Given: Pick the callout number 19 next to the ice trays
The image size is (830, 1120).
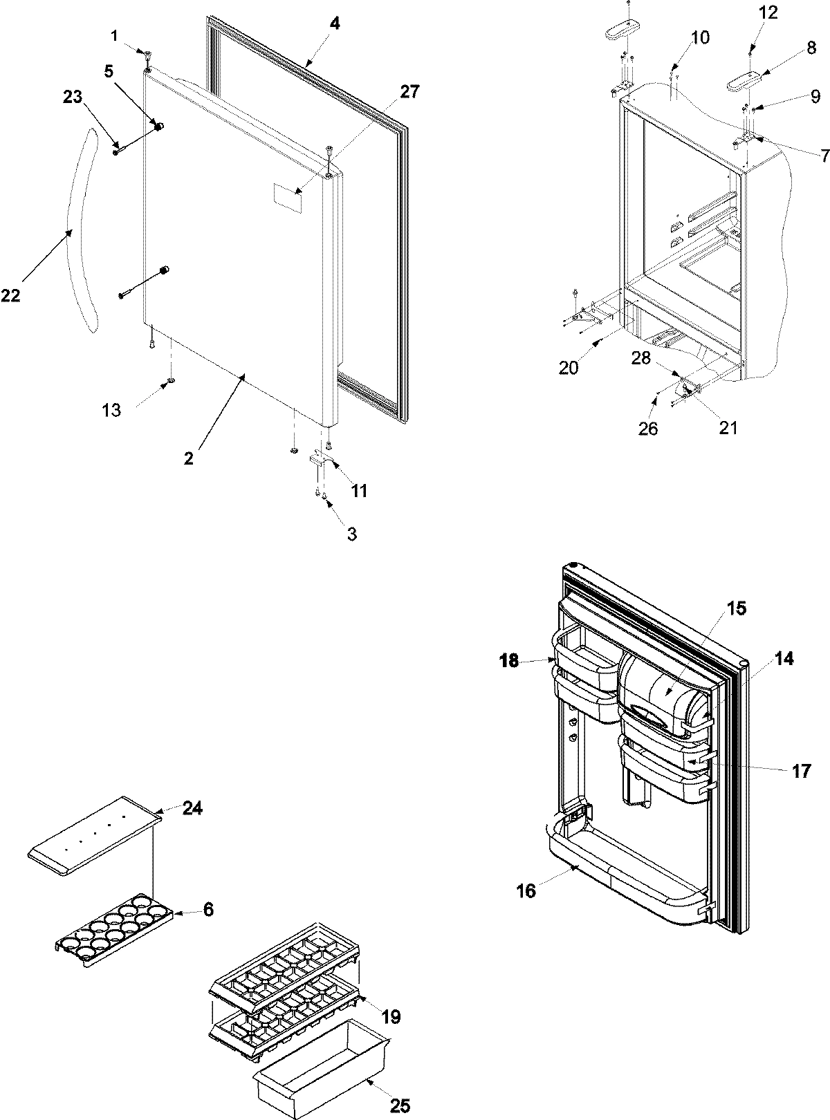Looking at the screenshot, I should point(390,1016).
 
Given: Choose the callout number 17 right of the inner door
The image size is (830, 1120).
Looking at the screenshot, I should point(801,771).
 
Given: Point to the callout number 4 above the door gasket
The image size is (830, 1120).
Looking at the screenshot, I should point(334,23).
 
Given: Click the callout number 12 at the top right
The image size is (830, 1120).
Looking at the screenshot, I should point(768,12).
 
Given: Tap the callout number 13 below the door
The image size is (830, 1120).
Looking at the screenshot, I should point(111,410).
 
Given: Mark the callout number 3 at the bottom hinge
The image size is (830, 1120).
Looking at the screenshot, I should point(351,534).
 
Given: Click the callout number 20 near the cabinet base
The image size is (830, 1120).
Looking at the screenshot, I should point(569,368).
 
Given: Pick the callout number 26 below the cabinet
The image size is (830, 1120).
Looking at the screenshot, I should point(648,429).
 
